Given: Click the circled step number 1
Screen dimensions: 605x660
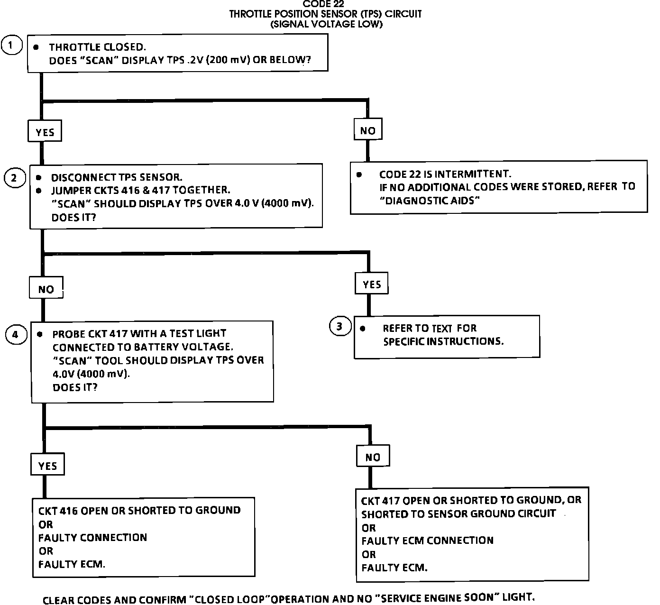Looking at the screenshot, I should (11, 46).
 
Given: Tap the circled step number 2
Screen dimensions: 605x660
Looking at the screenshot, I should (14, 178).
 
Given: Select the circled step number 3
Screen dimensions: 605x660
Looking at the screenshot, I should (339, 326).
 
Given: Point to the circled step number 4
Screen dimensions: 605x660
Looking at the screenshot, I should (16, 335).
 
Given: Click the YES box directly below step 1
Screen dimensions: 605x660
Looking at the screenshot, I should (45, 132).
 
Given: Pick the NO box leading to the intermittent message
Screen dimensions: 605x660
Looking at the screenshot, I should (367, 130).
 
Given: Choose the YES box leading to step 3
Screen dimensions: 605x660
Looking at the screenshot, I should (372, 284).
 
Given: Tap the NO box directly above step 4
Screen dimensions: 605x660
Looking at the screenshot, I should (46, 289).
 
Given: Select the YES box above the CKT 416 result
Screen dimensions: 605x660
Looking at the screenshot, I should (47, 466).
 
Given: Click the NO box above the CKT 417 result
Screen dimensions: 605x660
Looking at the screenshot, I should (373, 457).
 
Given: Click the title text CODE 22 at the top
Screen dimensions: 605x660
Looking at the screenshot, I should (323, 4).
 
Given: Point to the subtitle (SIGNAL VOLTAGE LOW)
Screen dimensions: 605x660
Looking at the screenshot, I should (326, 24).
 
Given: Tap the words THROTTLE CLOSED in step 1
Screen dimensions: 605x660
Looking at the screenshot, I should (97, 47).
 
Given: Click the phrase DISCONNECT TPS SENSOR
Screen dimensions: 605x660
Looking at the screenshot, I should (117, 178).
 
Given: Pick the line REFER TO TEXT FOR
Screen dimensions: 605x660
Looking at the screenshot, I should (430, 328).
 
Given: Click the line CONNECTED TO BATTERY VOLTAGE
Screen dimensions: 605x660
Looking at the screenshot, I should (143, 347).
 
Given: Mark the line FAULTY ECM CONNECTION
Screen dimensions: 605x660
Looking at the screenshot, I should (427, 541).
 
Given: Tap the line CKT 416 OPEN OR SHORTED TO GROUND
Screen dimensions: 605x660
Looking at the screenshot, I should (139, 510).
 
